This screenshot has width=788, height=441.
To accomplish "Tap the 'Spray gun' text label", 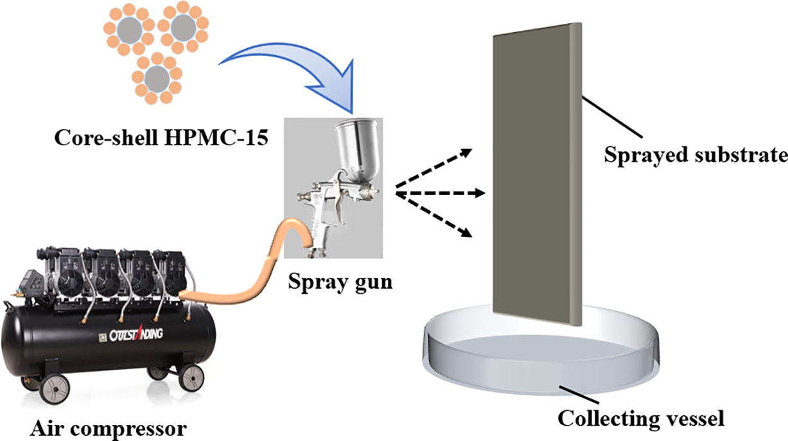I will pyautogui.click(x=340, y=281).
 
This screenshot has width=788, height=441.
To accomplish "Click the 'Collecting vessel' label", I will pyautogui.click(x=641, y=420).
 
